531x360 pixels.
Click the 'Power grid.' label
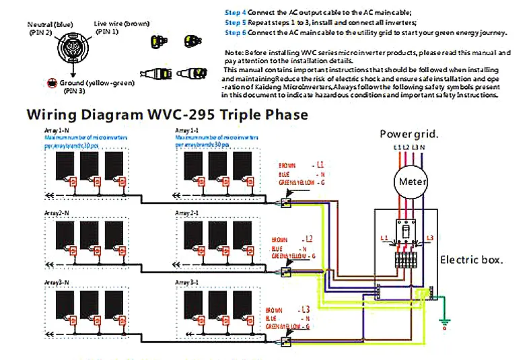(409, 133)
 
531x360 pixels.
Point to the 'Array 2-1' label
(186, 213)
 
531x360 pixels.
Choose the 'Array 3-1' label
(186, 281)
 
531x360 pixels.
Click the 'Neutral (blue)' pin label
(50, 24)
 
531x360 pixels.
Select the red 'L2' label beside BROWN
(309, 239)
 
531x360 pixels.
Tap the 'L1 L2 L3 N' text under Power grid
(409, 147)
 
